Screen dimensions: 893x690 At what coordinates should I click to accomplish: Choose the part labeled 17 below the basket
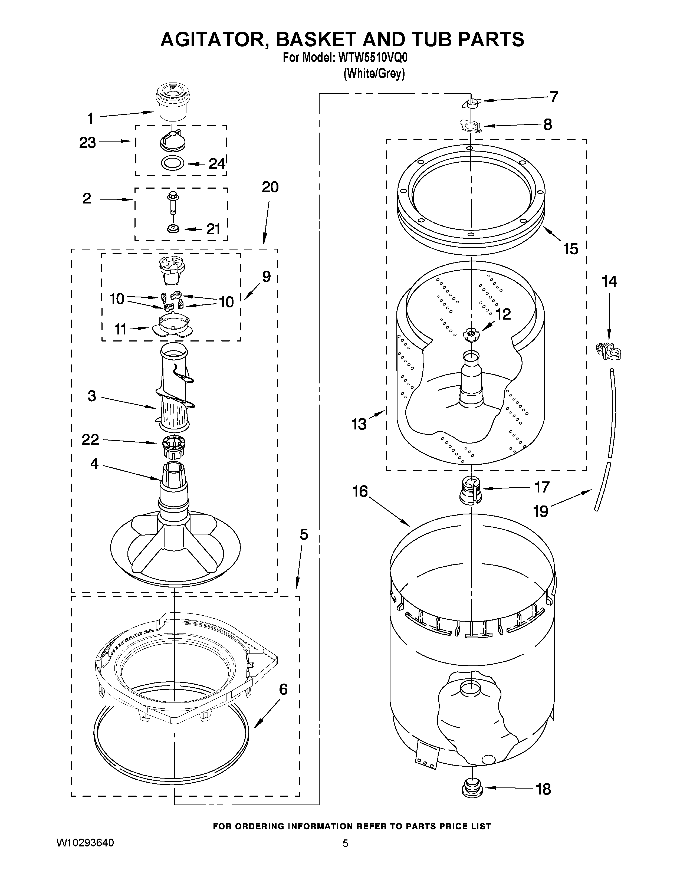tap(471, 491)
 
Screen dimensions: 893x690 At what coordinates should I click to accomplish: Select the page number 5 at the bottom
tap(346, 843)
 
